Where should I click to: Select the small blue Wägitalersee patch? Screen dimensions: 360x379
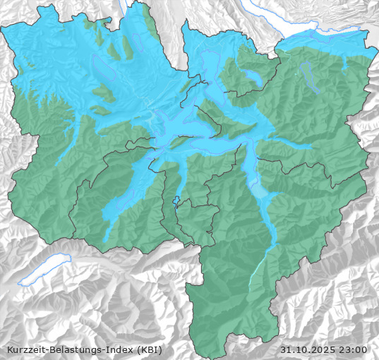point(344,65)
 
